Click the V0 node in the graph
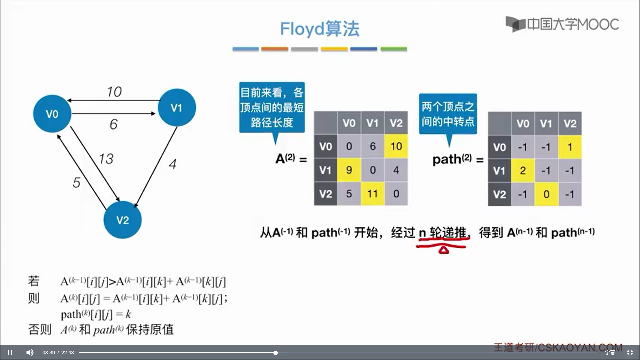pos(52,114)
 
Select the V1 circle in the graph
pos(177,107)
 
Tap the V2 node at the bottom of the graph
pos(122,220)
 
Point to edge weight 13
pos(106,159)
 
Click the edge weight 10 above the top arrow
pos(114,92)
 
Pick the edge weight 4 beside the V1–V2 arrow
pos(172,164)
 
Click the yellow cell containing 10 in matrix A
pos(396,146)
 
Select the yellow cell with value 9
pos(349,170)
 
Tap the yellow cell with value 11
pos(372,194)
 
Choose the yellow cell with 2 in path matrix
pos(523,171)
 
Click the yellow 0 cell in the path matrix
pos(546,194)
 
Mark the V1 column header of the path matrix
pos(546,124)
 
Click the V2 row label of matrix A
pos(325,194)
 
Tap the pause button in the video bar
pos(10,352)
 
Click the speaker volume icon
pos(30,352)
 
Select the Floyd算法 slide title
pos(319,29)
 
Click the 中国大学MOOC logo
pos(562,24)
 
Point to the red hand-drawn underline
pos(441,247)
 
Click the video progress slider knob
pos(276,353)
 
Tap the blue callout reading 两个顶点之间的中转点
pos(448,114)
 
